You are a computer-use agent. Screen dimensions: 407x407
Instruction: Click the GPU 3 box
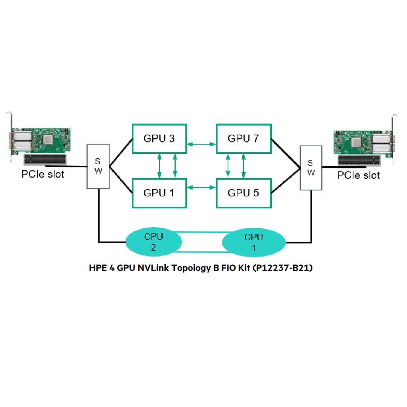pos(159,138)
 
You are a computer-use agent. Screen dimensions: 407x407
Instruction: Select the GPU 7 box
pos(243,138)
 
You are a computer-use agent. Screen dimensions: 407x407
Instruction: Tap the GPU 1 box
pos(159,193)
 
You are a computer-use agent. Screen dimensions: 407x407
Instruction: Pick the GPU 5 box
pos(243,193)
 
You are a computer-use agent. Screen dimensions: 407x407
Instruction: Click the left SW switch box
pos(98,166)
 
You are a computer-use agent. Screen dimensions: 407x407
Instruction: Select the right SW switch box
pos(311,168)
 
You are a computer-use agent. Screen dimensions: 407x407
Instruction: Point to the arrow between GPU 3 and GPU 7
pos(201,144)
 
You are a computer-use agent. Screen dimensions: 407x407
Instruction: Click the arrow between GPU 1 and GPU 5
pos(201,187)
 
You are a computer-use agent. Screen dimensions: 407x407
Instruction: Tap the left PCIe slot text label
pos(43,174)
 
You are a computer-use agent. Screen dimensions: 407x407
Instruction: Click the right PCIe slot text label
pos(358,175)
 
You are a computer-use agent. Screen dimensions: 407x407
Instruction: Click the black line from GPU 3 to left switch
pos(121,153)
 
